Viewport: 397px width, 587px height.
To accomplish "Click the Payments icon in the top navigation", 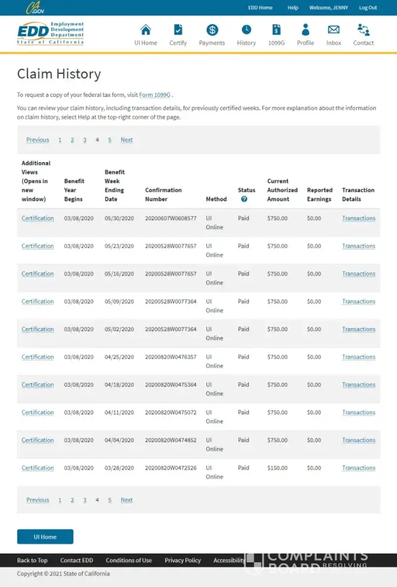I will (212, 30).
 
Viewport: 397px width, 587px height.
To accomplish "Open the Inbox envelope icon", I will (334, 30).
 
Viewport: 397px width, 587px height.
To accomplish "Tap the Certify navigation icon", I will (178, 30).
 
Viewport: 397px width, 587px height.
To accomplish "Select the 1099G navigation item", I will (276, 30).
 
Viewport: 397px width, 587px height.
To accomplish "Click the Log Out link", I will (368, 8).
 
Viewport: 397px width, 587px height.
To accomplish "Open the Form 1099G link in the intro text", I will (155, 95).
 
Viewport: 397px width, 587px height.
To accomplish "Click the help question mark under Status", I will (244, 199).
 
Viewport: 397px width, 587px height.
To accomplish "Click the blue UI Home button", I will (45, 537).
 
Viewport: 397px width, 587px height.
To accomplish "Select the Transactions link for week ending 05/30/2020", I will (358, 218).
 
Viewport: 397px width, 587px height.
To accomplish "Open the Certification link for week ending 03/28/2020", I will (38, 468).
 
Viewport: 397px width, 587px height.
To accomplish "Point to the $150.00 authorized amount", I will (277, 468).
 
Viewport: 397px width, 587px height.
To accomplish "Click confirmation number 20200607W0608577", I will (171, 218).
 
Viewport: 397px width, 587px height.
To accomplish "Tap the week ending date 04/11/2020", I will (120, 413).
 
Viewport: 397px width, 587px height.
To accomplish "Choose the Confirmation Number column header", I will (164, 194).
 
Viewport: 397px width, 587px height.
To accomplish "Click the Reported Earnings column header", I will (320, 194).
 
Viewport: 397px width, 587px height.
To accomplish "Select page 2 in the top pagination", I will (72, 140).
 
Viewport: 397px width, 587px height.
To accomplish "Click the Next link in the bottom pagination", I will (127, 500).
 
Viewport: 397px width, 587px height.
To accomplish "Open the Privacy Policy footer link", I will (182, 560).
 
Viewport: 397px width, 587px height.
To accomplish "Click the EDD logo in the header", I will (50, 33).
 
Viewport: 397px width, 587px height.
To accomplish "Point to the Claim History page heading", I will (59, 74).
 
